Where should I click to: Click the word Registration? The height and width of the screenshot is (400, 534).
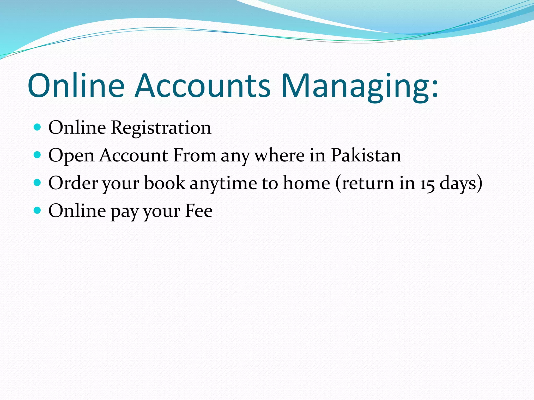pyautogui.click(x=161, y=128)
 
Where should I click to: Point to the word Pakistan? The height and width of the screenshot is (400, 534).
pyautogui.click(x=366, y=155)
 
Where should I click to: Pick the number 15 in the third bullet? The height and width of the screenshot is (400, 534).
pyautogui.click(x=427, y=184)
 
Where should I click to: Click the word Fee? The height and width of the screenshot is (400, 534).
pyautogui.click(x=199, y=211)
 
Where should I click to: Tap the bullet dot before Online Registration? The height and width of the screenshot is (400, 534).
pyautogui.click(x=38, y=127)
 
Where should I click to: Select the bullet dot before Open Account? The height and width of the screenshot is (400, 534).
pyautogui.click(x=38, y=155)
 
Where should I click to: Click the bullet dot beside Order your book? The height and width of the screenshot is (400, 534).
pyautogui.click(x=38, y=183)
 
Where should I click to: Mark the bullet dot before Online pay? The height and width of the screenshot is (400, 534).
pyautogui.click(x=38, y=210)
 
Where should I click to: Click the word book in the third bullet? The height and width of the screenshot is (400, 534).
pyautogui.click(x=165, y=183)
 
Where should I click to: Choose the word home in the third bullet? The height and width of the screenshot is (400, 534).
pyautogui.click(x=307, y=183)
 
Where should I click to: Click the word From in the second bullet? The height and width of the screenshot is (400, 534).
pyautogui.click(x=195, y=155)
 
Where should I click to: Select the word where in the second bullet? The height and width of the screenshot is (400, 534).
pyautogui.click(x=279, y=155)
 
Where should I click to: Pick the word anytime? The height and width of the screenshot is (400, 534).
pyautogui.click(x=223, y=184)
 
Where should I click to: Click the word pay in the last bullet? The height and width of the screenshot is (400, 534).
pyautogui.click(x=125, y=212)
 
